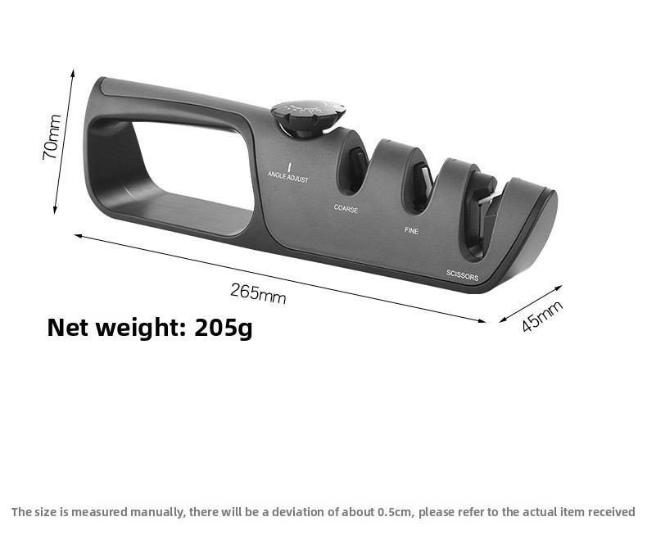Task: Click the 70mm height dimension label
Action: (x=52, y=137)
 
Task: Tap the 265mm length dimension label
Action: (x=258, y=293)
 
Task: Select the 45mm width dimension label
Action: (x=542, y=315)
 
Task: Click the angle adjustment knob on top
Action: (x=308, y=117)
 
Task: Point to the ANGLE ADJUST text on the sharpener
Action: (x=288, y=177)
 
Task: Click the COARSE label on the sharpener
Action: (x=346, y=209)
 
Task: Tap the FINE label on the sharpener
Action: (x=411, y=230)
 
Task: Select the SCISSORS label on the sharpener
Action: (x=462, y=275)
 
